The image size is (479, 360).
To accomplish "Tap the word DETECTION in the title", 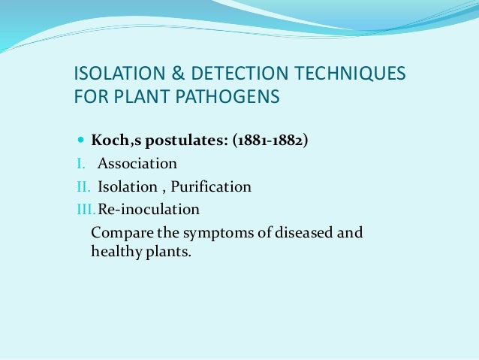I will [x=240, y=74].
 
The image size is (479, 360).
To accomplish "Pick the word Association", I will [x=137, y=163].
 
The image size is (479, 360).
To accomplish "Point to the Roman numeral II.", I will [x=82, y=186].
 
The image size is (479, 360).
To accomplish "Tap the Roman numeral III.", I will [x=83, y=209].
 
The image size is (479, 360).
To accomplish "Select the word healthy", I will [x=113, y=252].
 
